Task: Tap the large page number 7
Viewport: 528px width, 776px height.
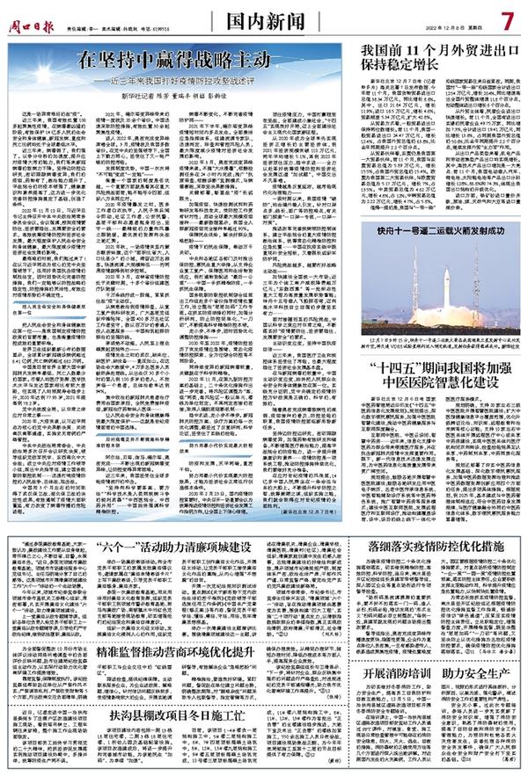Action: tap(508, 18)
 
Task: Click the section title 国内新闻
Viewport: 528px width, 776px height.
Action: tap(269, 18)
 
